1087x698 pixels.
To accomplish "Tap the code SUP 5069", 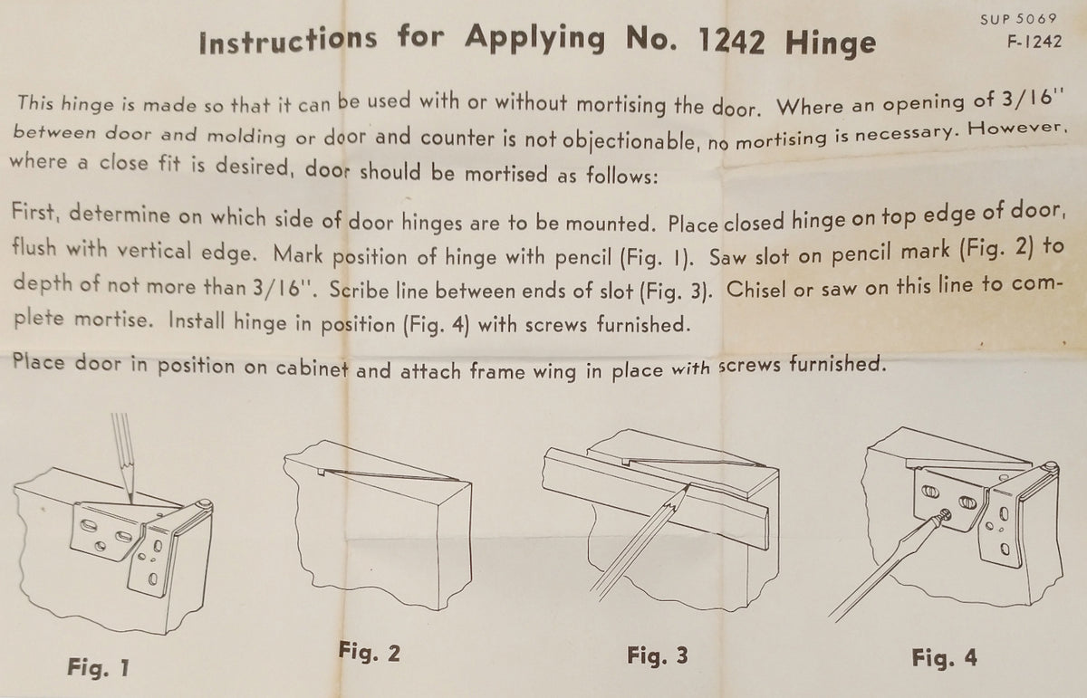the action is click(1018, 19).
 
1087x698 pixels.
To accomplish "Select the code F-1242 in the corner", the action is click(1034, 43).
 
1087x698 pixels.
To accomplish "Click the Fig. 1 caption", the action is click(99, 667).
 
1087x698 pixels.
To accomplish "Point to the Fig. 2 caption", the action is click(370, 652).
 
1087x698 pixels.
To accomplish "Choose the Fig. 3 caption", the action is click(658, 655).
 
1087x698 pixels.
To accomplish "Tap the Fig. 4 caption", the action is click(944, 658).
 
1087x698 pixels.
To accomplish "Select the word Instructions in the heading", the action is click(288, 41).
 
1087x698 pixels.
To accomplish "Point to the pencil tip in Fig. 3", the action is click(687, 486).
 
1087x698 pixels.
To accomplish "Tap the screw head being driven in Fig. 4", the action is click(944, 516).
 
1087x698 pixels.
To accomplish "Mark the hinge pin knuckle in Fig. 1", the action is click(205, 504).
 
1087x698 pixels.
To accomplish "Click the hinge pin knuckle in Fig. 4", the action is click(1051, 467).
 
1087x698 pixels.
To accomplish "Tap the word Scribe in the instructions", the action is click(359, 290).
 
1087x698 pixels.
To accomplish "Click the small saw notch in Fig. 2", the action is click(321, 471).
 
